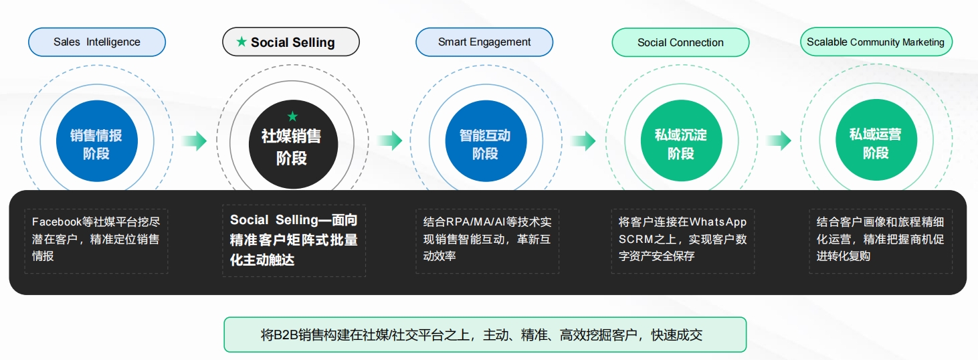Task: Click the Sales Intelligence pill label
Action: pyautogui.click(x=97, y=42)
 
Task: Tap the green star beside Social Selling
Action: pyautogui.click(x=241, y=41)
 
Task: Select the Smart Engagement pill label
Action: pyautogui.click(x=484, y=42)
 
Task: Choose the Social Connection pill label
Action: pyautogui.click(x=680, y=42)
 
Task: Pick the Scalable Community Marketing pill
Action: pyautogui.click(x=876, y=42)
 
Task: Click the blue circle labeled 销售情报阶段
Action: pyautogui.click(x=97, y=141)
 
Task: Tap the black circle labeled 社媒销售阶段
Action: pyautogui.click(x=293, y=144)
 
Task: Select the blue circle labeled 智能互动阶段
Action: pyautogui.click(x=486, y=141)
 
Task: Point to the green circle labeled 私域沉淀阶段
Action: pyautogui.click(x=681, y=141)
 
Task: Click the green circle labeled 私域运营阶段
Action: pyautogui.click(x=876, y=140)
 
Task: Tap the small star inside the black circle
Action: pyautogui.click(x=292, y=116)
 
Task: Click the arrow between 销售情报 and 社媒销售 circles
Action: pyautogui.click(x=194, y=141)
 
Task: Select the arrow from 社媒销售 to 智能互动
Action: pyautogui.click(x=389, y=141)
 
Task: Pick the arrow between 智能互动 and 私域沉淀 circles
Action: pyautogui.click(x=583, y=141)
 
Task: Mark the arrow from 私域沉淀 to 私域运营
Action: pyautogui.click(x=779, y=141)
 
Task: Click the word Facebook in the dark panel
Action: pyautogui.click(x=57, y=222)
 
